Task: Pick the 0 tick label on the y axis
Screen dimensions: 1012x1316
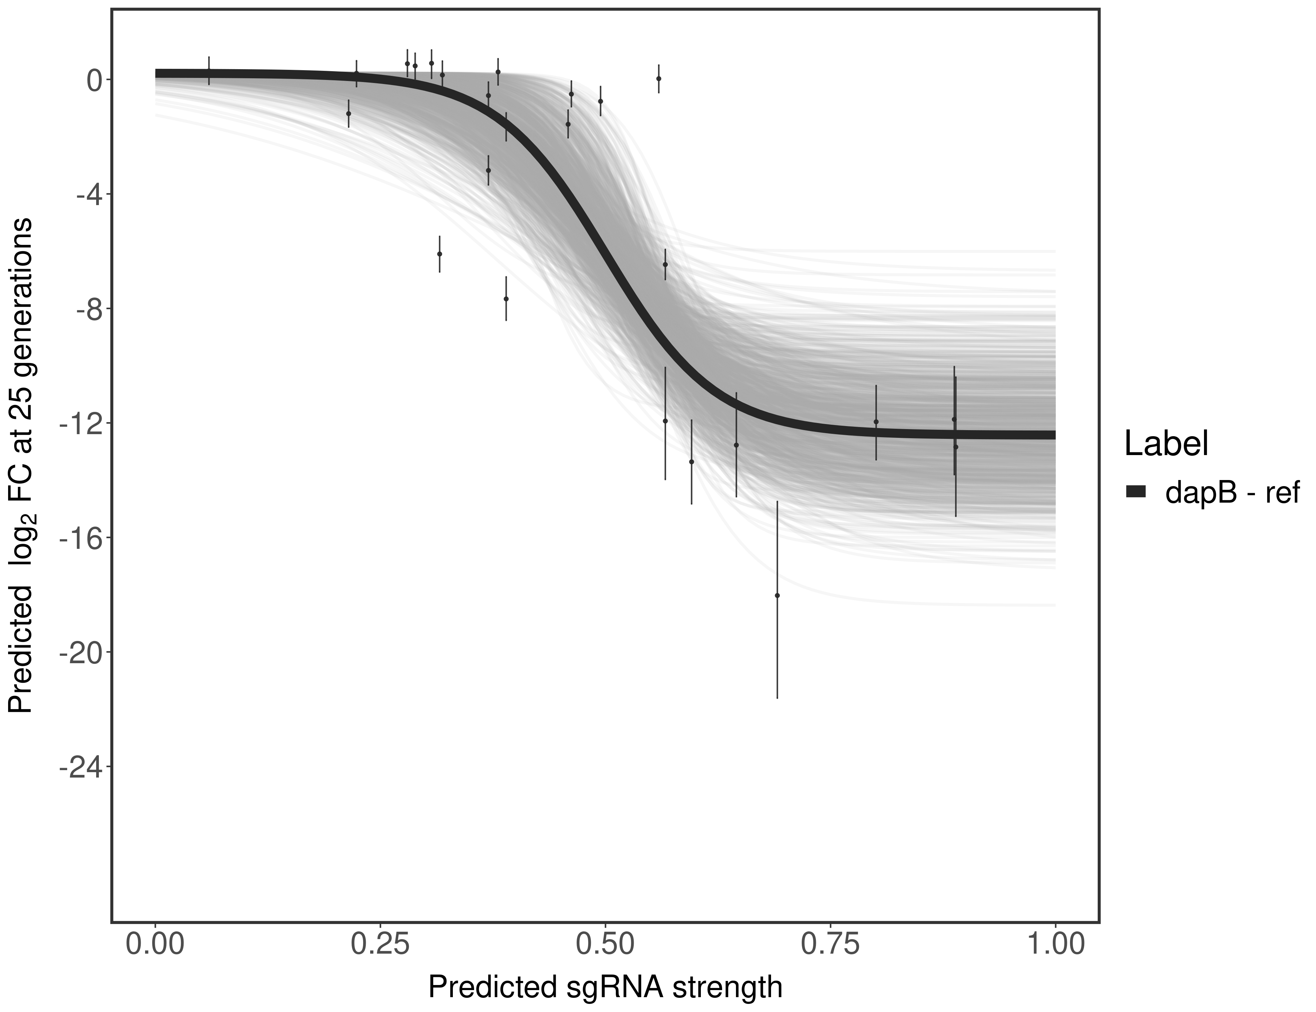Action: (x=94, y=80)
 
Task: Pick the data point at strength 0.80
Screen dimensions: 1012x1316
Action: (x=876, y=422)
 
